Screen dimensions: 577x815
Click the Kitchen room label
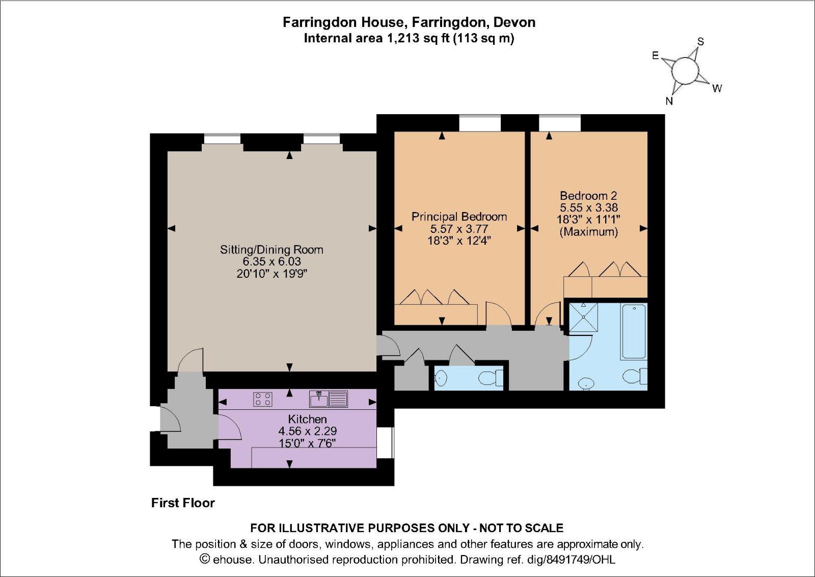307,419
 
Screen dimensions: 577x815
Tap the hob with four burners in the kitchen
263,399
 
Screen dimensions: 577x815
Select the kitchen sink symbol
319,399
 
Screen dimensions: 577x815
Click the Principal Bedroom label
459,217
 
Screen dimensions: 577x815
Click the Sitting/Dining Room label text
271,250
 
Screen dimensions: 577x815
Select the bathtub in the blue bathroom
634,331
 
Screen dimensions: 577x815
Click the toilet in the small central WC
488,378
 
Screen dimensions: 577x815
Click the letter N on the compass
669,101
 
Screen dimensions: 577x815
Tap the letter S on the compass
700,42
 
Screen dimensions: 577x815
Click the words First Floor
183,503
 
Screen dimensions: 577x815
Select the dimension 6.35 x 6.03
271,261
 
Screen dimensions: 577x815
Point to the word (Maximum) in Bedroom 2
588,232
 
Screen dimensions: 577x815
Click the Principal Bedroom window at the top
479,123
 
